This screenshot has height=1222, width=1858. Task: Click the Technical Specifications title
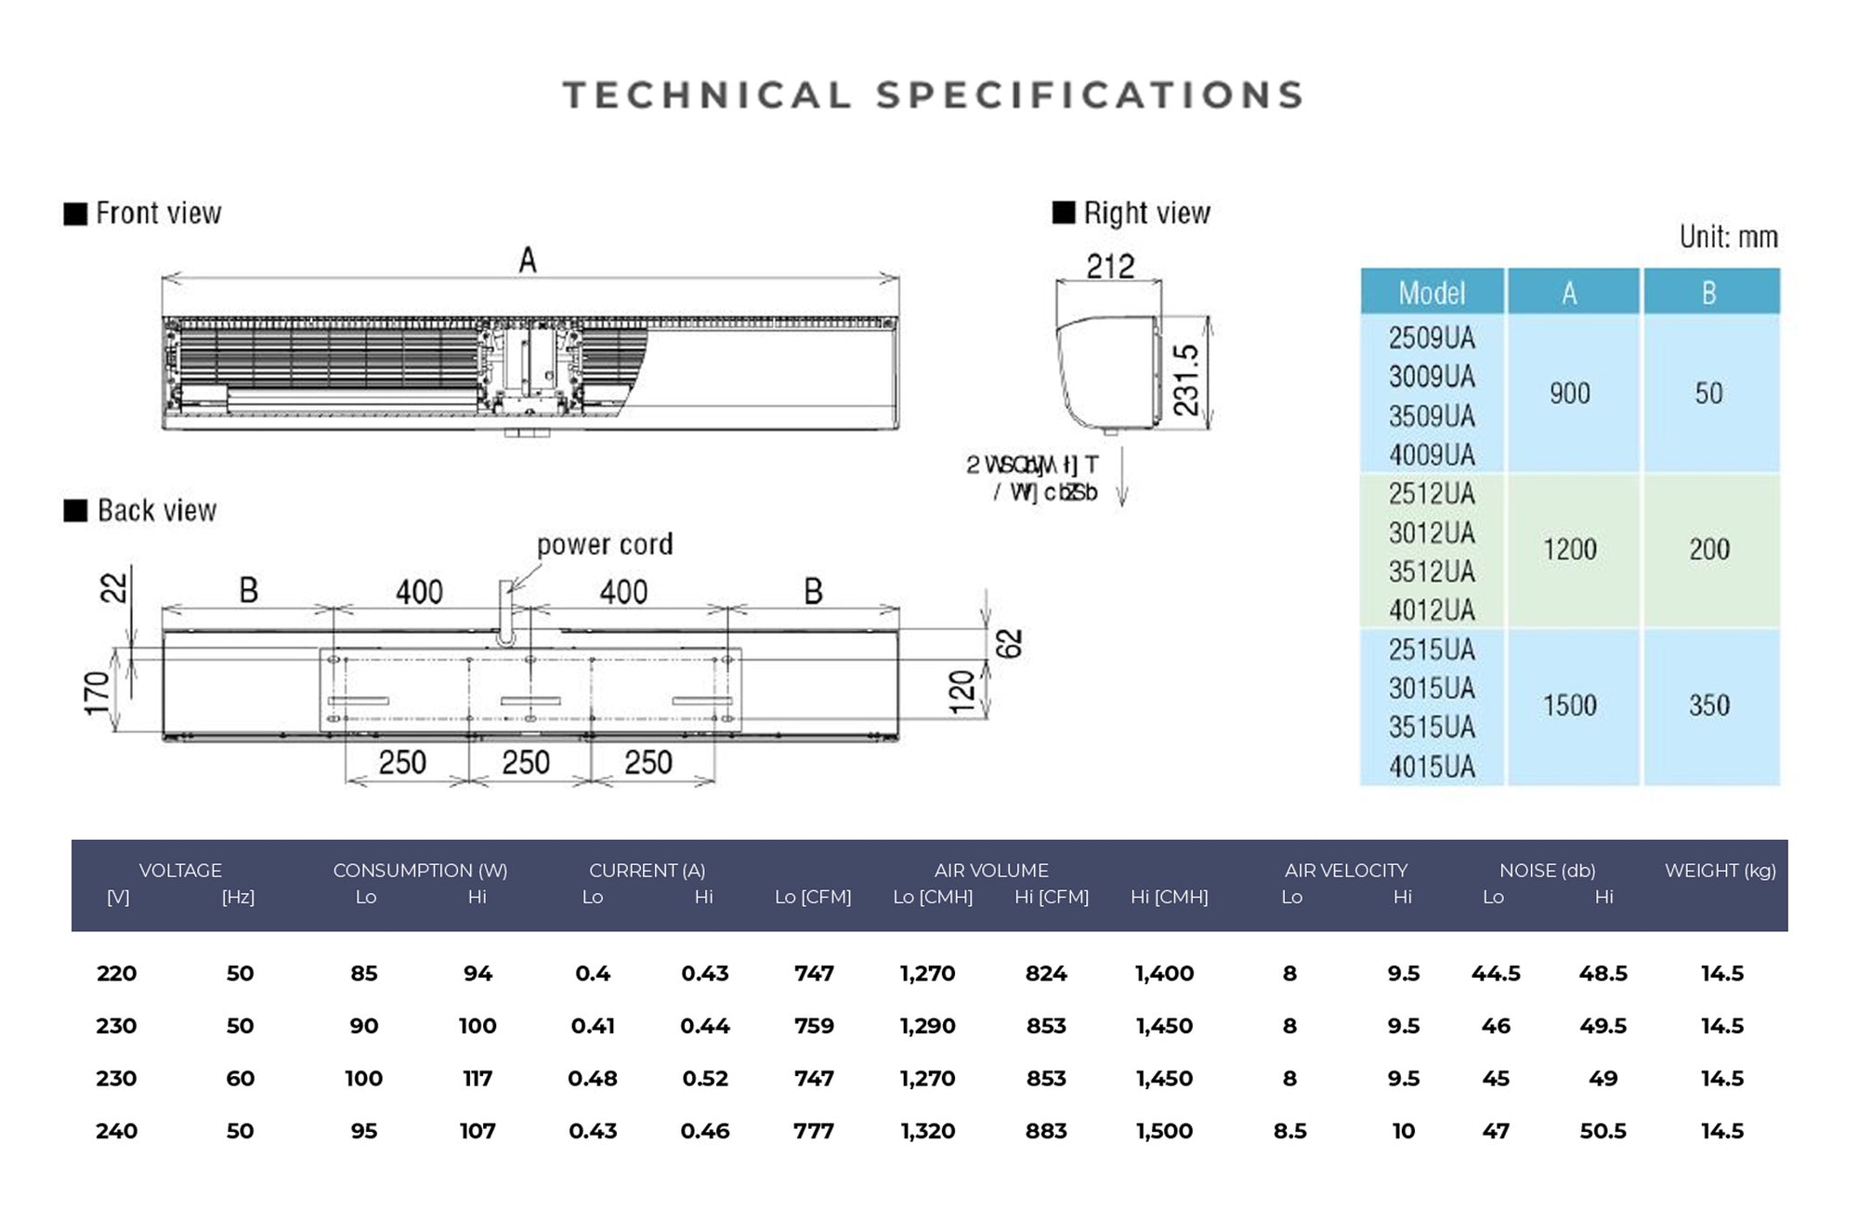coord(933,96)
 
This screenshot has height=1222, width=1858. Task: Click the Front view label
coord(158,214)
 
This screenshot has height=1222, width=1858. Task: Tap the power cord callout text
coord(604,545)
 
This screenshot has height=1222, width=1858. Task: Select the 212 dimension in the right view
coord(1110,267)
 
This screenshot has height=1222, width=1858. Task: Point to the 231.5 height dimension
coord(1187,379)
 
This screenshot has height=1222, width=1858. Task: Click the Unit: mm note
coord(1728,237)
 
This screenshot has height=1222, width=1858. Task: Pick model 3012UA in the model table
coord(1432,533)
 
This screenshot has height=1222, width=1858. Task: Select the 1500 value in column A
coord(1570,705)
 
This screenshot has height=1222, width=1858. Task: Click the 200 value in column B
coord(1709,549)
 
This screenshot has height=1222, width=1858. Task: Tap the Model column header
coord(1432,293)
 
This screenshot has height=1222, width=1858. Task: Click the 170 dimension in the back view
coord(98,693)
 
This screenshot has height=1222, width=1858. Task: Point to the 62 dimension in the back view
coord(1010,643)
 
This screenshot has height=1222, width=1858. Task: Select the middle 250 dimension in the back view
coord(526,763)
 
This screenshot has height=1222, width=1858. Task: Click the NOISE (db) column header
coord(1547,871)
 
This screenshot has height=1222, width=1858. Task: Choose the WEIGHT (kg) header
coord(1720,871)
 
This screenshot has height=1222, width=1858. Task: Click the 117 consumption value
coord(478,1079)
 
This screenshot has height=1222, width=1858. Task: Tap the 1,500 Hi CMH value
coord(1164,1131)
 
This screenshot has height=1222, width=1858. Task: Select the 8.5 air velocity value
coord(1289,1131)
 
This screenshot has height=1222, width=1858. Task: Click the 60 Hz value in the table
coord(240,1079)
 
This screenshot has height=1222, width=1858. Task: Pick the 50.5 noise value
coord(1603,1131)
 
